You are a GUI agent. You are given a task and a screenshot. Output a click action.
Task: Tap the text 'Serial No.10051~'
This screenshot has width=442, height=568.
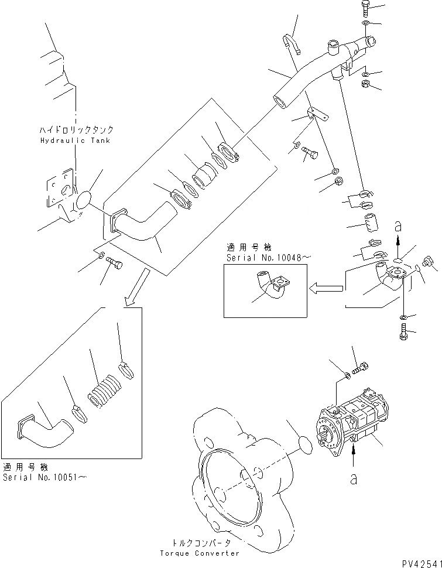pos(44,477)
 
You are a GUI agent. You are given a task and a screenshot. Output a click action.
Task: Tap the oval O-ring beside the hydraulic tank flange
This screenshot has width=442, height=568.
pos(85,199)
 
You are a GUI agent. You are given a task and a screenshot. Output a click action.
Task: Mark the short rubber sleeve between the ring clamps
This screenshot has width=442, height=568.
pos(204,174)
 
